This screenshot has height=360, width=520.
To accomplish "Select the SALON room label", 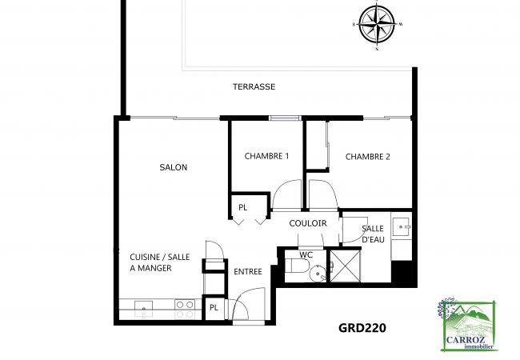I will [x=173, y=167].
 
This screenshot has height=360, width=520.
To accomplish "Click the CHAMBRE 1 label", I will [x=266, y=156].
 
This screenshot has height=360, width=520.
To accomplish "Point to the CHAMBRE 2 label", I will [x=367, y=156].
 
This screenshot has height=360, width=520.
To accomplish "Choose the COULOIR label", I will [x=308, y=224].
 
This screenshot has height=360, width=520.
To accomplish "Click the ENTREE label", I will [x=248, y=272].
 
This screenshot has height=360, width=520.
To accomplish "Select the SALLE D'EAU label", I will [x=374, y=234].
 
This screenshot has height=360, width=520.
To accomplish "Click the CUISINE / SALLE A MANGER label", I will [x=160, y=262].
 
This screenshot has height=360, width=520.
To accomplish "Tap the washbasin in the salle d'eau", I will [x=401, y=223].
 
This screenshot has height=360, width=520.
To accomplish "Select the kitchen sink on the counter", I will [x=144, y=305].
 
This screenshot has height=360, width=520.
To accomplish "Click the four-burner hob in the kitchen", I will [x=185, y=305].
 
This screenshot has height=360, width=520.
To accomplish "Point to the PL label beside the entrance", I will [x=214, y=307].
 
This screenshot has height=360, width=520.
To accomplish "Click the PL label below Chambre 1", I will [x=242, y=207].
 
